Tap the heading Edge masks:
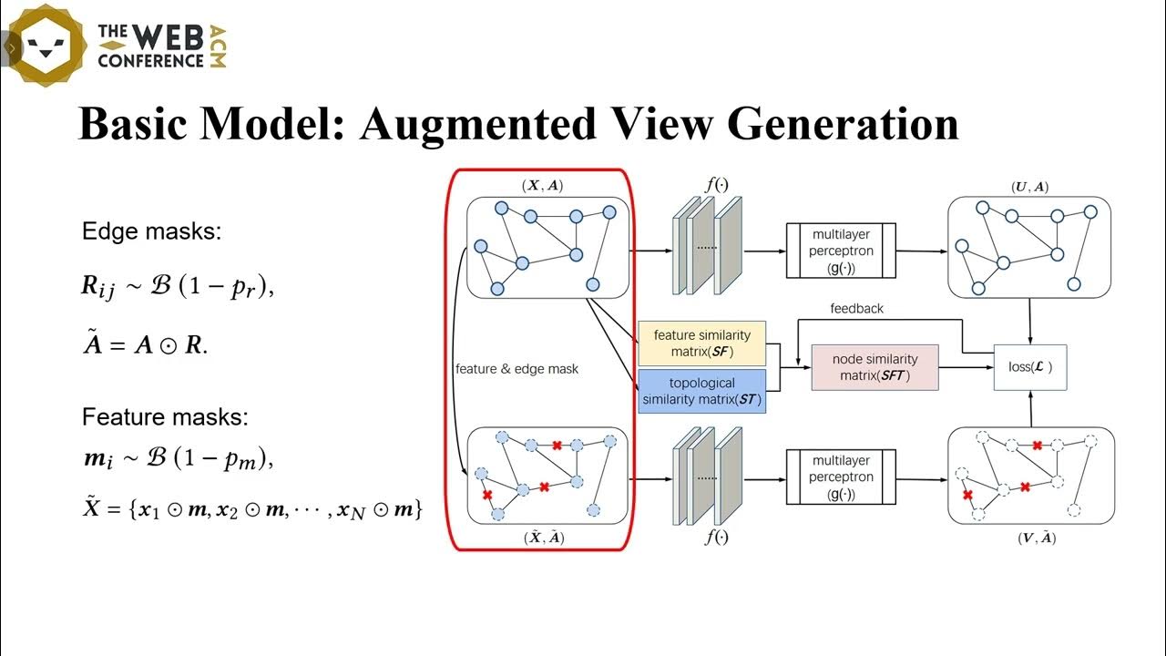(151, 231)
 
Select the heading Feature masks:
(165, 417)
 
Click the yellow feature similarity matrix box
(701, 343)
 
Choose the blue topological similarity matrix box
(701, 391)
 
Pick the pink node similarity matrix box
(874, 367)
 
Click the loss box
(1029, 368)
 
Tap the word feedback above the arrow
(856, 309)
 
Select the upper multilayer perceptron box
(842, 251)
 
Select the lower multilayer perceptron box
(842, 477)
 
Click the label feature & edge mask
(517, 369)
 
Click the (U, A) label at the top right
(1029, 187)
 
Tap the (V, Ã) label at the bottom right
(1036, 538)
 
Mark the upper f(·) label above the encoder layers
(717, 184)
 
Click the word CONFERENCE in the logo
(150, 61)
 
